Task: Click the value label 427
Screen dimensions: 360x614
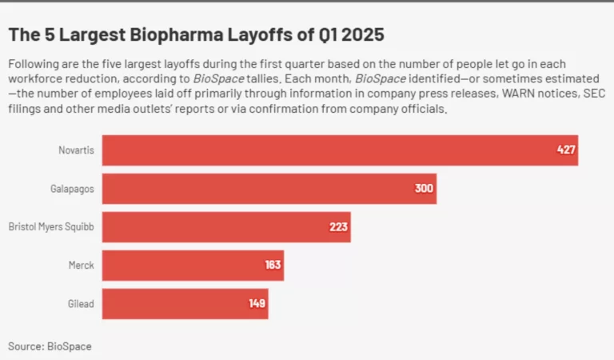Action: (566, 150)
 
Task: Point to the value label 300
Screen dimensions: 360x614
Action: (424, 189)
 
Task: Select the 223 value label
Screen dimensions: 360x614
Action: (338, 227)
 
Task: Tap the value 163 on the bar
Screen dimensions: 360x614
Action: (273, 266)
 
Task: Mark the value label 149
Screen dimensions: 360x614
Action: (257, 304)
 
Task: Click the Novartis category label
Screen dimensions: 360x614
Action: (76, 150)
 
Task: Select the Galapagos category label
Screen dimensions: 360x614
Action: (73, 189)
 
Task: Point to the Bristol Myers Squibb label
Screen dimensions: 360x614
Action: (51, 227)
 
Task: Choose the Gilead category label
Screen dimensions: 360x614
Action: (80, 304)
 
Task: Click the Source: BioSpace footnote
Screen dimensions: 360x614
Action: (50, 346)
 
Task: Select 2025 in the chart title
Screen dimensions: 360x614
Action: (364, 35)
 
